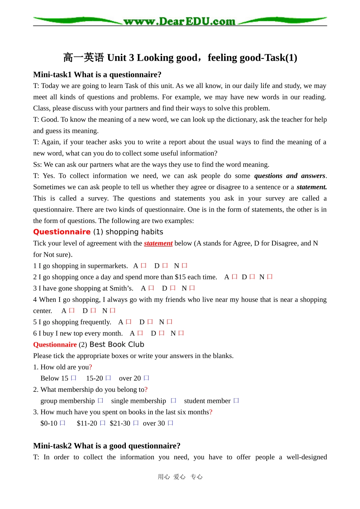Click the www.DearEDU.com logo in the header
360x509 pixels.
(x=180, y=21)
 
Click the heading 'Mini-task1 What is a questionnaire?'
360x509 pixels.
(x=97, y=74)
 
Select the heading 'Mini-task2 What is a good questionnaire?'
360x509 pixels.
(x=106, y=446)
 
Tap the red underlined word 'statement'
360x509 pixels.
(x=158, y=243)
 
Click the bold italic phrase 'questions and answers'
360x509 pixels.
(x=290, y=176)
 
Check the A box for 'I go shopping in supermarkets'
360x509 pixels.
(x=144, y=266)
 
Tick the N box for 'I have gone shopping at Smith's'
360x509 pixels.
(x=192, y=288)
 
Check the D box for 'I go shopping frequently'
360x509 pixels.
(x=150, y=322)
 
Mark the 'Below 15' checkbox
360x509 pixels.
(x=74, y=378)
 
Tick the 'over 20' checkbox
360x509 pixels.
(x=147, y=378)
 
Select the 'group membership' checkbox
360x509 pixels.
(x=100, y=401)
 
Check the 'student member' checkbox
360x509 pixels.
(x=236, y=401)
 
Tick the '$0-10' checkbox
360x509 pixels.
(x=63, y=423)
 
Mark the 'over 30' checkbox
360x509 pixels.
(x=171, y=423)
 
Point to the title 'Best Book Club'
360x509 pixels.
(x=117, y=344)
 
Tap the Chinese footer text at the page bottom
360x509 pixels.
(x=180, y=477)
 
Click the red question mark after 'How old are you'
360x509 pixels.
(x=91, y=367)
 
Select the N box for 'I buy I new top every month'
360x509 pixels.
(x=181, y=333)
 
